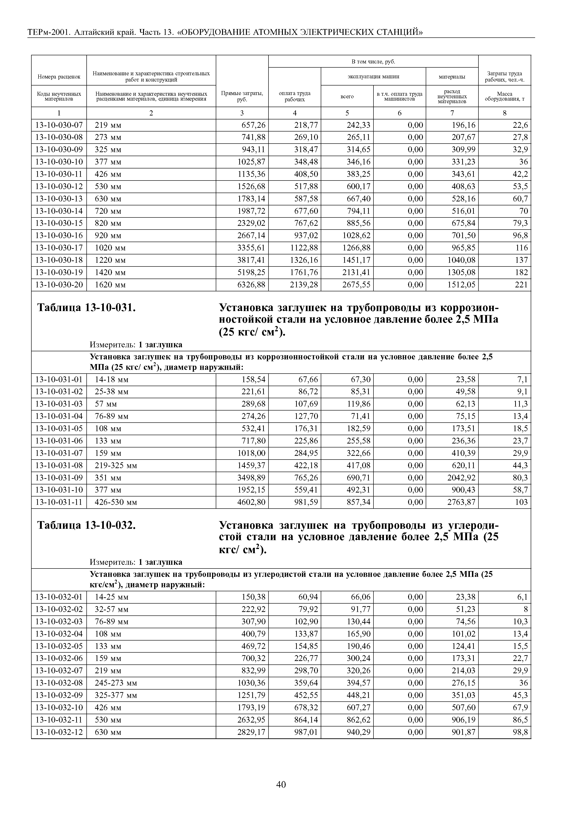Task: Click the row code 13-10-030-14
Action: click(59, 211)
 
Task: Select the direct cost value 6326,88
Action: click(251, 285)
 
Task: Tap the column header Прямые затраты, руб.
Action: click(242, 96)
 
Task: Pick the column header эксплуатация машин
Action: click(373, 76)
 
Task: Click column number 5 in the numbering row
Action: click(347, 113)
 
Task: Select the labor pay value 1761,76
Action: click(304, 272)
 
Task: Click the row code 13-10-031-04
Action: click(59, 416)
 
